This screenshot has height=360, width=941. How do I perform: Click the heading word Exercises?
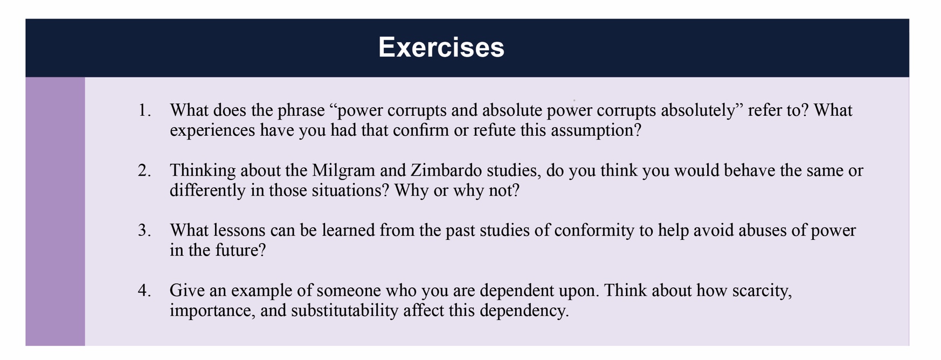(x=441, y=47)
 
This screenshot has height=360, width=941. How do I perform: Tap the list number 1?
(x=144, y=110)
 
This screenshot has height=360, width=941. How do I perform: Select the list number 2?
(x=144, y=171)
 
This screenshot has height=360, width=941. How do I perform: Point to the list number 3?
(x=144, y=231)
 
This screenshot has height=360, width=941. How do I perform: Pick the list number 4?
(x=144, y=291)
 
